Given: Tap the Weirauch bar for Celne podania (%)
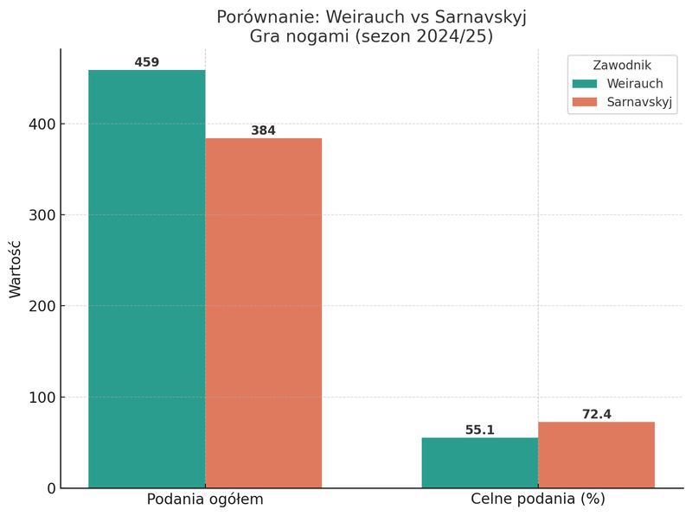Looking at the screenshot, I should (x=480, y=462).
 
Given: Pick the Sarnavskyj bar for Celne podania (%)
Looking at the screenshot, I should (x=596, y=455).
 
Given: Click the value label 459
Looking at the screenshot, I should (x=147, y=63).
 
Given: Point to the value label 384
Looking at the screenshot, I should (x=264, y=131).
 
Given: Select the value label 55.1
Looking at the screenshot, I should (x=480, y=430).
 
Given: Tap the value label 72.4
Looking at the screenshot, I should (x=596, y=415).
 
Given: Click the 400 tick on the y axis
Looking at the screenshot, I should (x=42, y=124).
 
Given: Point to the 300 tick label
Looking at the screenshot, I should (x=42, y=215).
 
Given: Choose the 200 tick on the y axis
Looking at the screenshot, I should (x=42, y=306).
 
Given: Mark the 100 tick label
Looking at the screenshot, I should (x=42, y=398).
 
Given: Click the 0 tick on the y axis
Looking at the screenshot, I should (x=50, y=488).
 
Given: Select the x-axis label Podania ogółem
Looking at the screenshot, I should (x=205, y=500).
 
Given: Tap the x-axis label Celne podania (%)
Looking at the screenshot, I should (x=538, y=500).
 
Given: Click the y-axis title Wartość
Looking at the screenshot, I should (x=16, y=269).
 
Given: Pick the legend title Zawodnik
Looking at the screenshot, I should (x=622, y=66).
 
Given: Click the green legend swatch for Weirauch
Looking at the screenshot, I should (x=585, y=84).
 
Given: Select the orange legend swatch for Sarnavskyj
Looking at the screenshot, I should (x=585, y=102).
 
